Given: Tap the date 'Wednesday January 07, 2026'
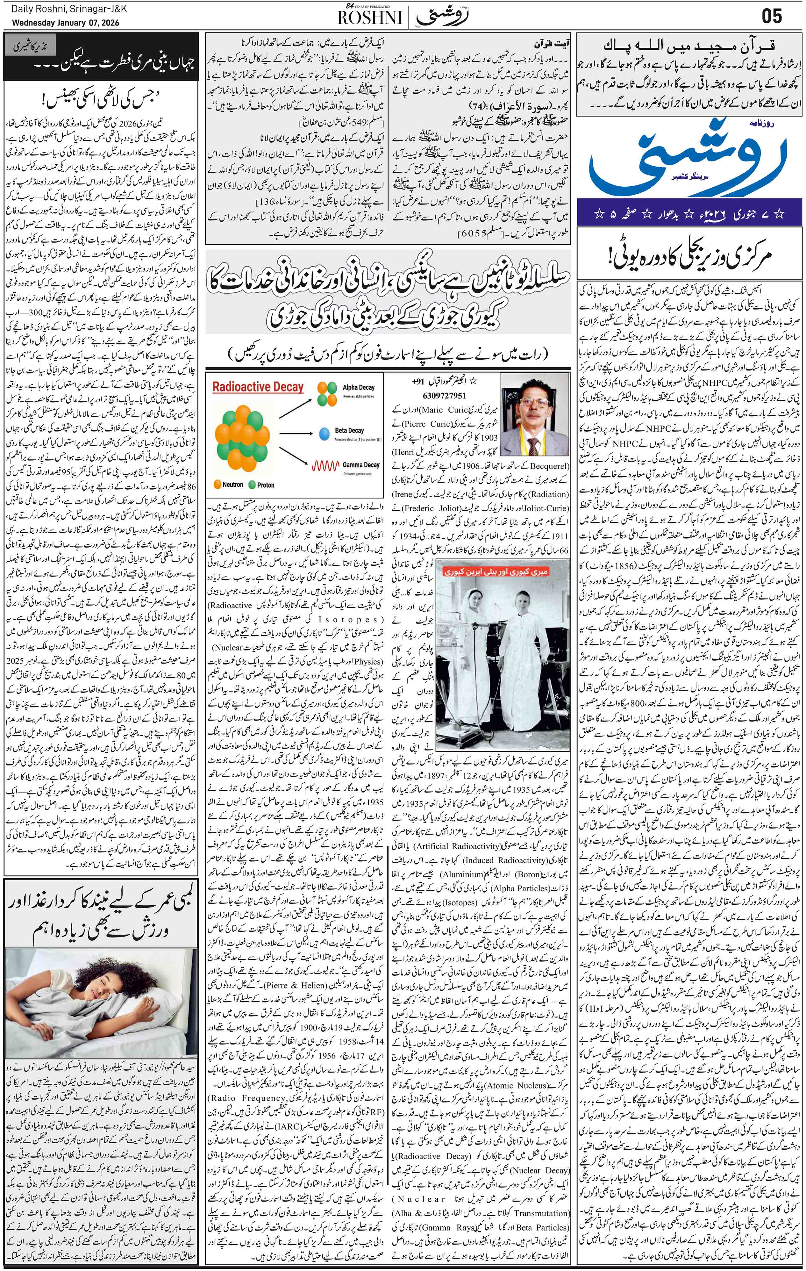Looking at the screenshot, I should (66, 23).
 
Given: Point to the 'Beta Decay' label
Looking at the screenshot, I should (349, 430).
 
